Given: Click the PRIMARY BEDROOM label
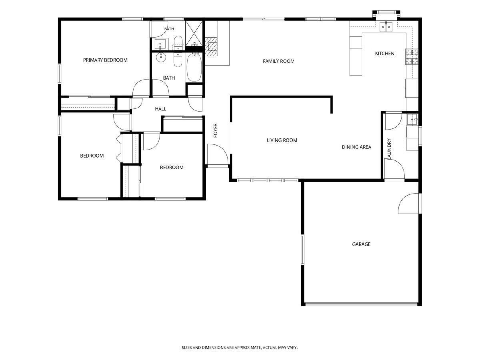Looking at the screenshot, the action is (105, 60).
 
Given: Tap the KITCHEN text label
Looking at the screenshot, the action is (384, 54).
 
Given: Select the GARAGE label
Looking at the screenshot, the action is (361, 244).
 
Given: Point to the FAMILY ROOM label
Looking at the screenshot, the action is (278, 61).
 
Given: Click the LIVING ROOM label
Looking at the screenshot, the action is (282, 140).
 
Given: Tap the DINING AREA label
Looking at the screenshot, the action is (356, 147).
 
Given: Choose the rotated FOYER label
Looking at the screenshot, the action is (216, 131).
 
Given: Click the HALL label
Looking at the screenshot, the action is (160, 109).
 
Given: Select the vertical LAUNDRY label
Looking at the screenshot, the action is (389, 149).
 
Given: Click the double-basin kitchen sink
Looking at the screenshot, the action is (386, 27).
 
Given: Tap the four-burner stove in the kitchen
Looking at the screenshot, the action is (412, 57).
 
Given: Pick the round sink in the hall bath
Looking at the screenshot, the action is (161, 57).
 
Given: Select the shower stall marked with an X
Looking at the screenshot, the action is (194, 33).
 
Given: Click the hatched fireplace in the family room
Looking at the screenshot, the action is (211, 47).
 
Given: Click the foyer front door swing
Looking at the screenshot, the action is (218, 154).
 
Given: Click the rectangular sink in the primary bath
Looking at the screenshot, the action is (160, 44).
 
